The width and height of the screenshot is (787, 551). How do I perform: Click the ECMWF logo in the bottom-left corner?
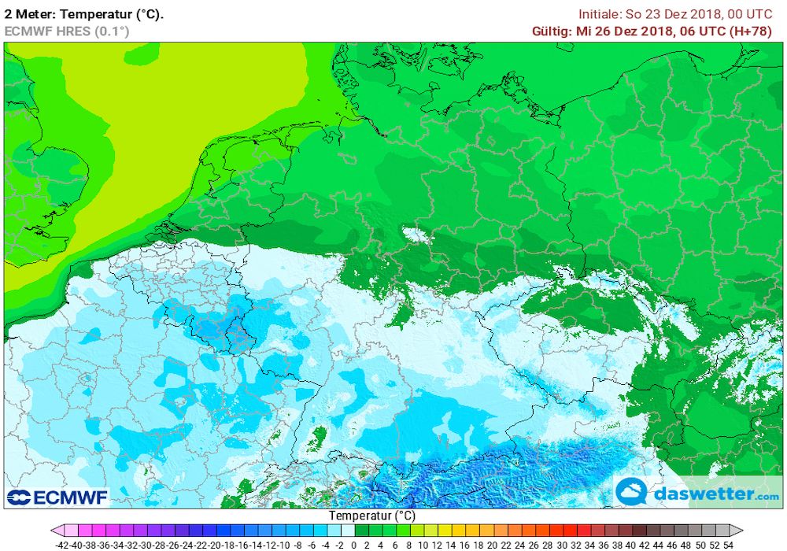pos(57,497)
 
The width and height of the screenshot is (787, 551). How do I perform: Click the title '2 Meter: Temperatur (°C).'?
pos(84,13)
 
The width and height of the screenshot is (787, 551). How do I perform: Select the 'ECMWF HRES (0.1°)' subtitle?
pos(67,31)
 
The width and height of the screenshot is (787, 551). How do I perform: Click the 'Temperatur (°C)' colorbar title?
pos(371,516)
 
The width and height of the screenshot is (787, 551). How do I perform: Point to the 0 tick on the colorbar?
pos(354,544)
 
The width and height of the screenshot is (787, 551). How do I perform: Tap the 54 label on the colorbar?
pos(729,544)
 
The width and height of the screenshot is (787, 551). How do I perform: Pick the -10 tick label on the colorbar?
pos(285,544)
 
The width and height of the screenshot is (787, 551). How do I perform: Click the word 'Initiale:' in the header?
pos(601,13)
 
